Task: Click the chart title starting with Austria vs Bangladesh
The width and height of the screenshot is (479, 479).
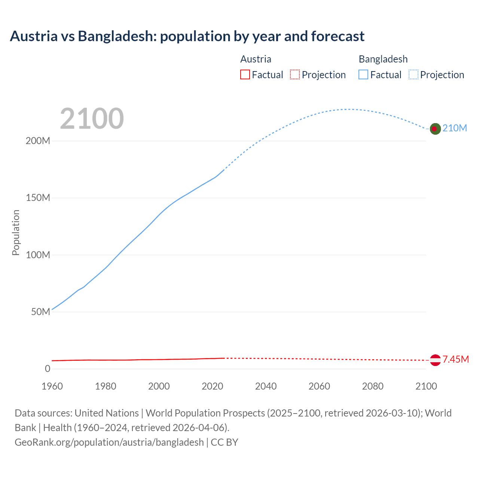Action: (x=187, y=36)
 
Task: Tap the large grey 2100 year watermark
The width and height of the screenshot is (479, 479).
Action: (x=92, y=119)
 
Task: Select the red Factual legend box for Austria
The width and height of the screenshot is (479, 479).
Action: (x=245, y=74)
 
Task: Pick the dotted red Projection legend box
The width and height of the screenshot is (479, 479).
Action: (x=295, y=74)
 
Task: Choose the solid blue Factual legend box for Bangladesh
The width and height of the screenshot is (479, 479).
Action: (x=363, y=74)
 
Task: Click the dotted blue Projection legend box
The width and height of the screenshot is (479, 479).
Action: (x=414, y=74)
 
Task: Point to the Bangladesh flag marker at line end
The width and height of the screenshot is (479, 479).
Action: (x=435, y=129)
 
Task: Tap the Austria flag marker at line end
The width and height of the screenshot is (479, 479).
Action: (x=435, y=360)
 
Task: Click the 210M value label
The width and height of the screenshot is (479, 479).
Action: (x=455, y=128)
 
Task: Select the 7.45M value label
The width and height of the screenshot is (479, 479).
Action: (x=455, y=360)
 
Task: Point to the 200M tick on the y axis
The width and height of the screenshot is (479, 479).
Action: (x=38, y=141)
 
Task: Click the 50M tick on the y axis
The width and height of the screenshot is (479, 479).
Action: (x=40, y=312)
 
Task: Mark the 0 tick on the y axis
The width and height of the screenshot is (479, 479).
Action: (x=48, y=369)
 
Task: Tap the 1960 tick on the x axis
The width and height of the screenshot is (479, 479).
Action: (x=52, y=386)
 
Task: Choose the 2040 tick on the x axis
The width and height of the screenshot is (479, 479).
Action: (x=266, y=386)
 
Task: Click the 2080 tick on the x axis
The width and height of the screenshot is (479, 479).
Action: (x=373, y=386)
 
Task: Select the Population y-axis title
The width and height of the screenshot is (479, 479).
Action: (x=16, y=232)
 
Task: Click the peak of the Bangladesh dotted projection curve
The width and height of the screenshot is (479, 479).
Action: (x=348, y=109)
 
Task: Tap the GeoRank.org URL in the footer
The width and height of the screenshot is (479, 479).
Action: (x=109, y=442)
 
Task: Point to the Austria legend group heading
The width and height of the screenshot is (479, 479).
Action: (x=256, y=59)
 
